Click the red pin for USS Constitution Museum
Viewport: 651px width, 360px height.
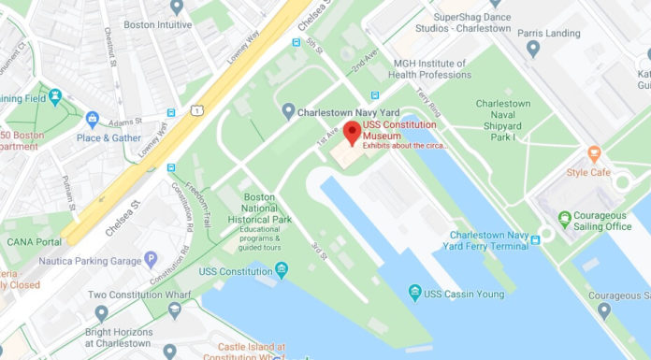pyautogui.click(x=353, y=133)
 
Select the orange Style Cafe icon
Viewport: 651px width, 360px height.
pyautogui.click(x=593, y=153)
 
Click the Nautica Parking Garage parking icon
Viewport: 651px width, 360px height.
pyautogui.click(x=151, y=258)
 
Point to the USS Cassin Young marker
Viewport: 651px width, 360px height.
pyautogui.click(x=415, y=294)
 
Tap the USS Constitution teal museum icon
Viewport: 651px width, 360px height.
pyautogui.click(x=282, y=271)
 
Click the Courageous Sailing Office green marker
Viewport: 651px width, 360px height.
pyautogui.click(x=564, y=220)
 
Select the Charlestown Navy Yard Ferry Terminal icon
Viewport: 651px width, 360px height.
pyautogui.click(x=535, y=240)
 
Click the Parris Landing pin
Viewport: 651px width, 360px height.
pyautogui.click(x=534, y=48)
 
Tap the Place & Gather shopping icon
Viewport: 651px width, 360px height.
pyautogui.click(x=92, y=120)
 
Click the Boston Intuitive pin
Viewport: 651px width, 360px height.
pyautogui.click(x=177, y=7)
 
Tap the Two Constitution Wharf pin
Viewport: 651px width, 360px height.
pyautogui.click(x=101, y=313)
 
